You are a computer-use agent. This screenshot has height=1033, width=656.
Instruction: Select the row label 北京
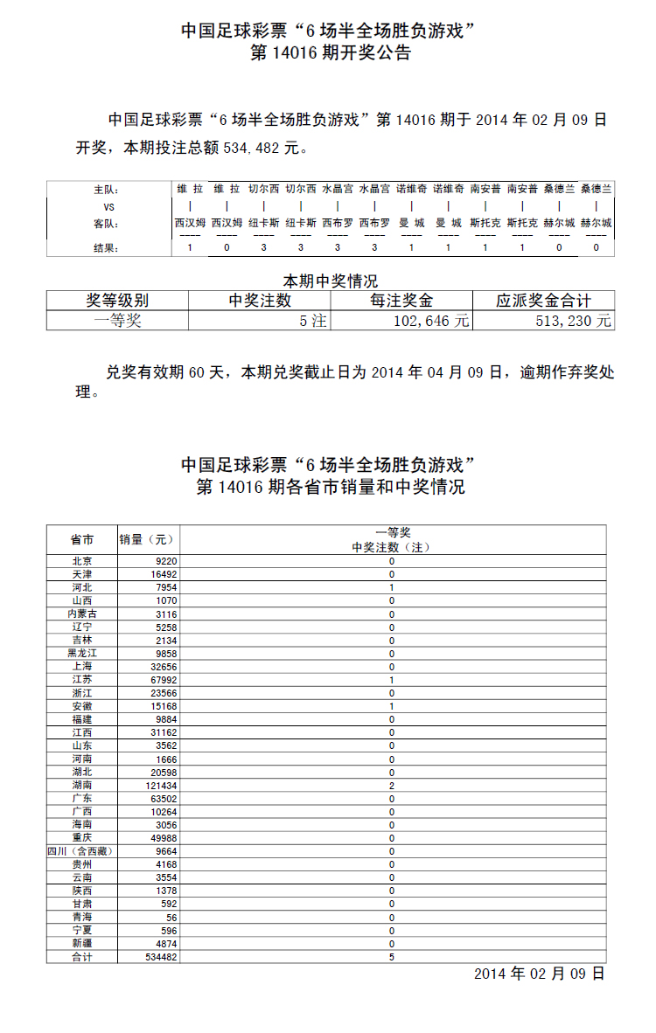tap(82, 561)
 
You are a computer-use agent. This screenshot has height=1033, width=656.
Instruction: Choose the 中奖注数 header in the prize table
tap(260, 301)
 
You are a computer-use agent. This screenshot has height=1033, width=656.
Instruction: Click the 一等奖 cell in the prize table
tap(117, 321)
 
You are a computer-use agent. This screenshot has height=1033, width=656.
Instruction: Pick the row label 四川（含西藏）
tap(80, 851)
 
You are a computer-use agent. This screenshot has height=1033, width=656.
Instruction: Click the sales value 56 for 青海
tap(170, 917)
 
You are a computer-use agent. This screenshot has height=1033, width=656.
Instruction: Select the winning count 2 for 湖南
tap(392, 786)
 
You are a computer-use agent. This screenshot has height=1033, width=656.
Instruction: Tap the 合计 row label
tap(82, 957)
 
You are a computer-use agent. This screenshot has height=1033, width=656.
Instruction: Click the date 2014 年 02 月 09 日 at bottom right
tap(539, 974)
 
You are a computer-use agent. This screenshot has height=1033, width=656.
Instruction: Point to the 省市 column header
tap(82, 539)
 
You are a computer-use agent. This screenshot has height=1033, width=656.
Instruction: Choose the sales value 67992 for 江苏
tap(163, 680)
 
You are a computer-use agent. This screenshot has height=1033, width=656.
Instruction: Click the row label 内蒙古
tap(82, 614)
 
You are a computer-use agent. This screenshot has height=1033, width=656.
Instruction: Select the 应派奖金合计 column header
tap(543, 301)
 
